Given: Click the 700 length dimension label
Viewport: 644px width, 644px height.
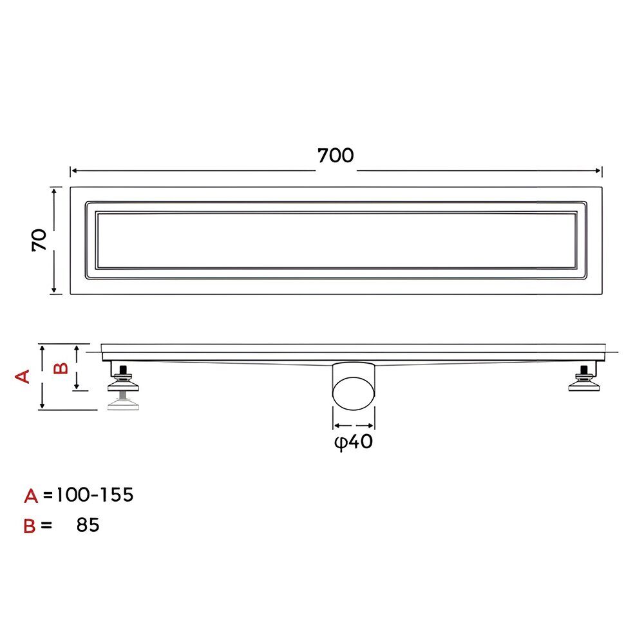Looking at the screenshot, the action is point(336,156).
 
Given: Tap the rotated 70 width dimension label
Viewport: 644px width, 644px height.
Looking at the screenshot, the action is point(39,240).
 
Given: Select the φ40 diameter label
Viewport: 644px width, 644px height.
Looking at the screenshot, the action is point(354,442).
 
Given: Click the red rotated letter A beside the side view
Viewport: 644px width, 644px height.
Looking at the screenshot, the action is point(23,376).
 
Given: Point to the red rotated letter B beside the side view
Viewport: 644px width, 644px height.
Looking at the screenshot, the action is point(61,368).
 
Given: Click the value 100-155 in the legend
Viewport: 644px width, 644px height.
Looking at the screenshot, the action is point(95,495).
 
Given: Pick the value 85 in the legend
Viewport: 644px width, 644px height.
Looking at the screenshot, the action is point(88,526).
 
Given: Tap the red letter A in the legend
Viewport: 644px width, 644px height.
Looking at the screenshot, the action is point(31,496).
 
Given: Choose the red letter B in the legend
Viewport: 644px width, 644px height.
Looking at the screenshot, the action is point(30,526).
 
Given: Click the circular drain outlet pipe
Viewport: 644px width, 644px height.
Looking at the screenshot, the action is point(354,393).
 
